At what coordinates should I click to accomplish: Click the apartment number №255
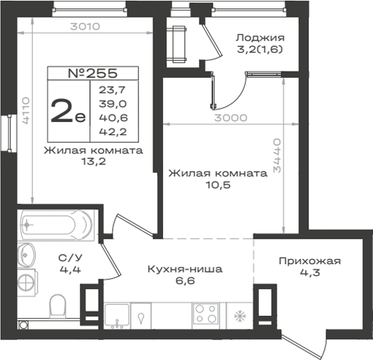coord(93,74)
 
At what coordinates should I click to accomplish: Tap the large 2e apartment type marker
coord(68,111)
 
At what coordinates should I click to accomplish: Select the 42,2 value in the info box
coord(113,132)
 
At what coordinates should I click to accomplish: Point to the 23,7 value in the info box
coord(112,90)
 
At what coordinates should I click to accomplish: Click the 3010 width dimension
coord(85,27)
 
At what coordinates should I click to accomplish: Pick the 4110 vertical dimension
coord(25,110)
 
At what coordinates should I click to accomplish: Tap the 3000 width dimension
coord(231,118)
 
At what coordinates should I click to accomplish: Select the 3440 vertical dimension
coord(277,155)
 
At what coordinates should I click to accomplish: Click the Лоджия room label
coord(260,38)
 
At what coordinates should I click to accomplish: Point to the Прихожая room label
coord(310,261)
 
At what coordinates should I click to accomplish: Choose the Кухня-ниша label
coord(185,269)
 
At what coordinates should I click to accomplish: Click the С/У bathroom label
coord(70,258)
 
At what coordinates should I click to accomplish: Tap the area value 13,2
coord(94,162)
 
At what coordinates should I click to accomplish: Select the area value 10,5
coord(218,185)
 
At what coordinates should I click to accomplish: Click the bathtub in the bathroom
coord(57,225)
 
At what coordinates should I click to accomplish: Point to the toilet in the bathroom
coord(57,306)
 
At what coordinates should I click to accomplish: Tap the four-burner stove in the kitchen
coord(206,314)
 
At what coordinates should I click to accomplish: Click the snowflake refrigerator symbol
coord(240,316)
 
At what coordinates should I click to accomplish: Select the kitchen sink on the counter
coord(117,314)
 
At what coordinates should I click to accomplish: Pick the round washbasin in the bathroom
coord(27,254)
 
